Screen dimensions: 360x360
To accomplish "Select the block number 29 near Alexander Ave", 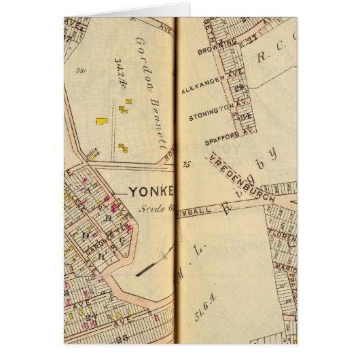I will tap(238, 88).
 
